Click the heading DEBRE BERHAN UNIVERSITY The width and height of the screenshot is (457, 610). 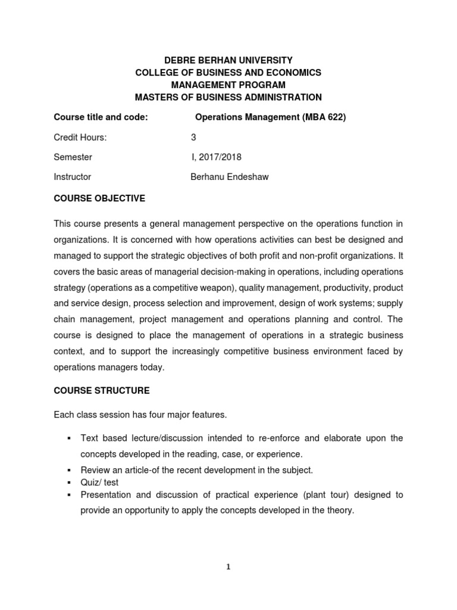(x=228, y=60)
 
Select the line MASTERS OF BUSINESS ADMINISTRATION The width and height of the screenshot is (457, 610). (x=228, y=97)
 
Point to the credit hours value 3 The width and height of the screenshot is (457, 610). (x=193, y=137)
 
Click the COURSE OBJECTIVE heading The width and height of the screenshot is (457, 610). (x=99, y=198)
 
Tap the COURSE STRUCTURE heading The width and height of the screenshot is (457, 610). (x=102, y=391)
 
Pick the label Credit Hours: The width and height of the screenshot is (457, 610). (x=80, y=137)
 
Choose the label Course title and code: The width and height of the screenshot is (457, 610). (x=101, y=117)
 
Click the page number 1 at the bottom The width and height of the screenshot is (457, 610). (x=228, y=567)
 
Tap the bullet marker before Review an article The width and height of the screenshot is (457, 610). (x=69, y=470)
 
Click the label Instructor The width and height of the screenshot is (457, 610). (x=72, y=177)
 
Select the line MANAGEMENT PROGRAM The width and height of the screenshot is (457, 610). (x=228, y=85)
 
